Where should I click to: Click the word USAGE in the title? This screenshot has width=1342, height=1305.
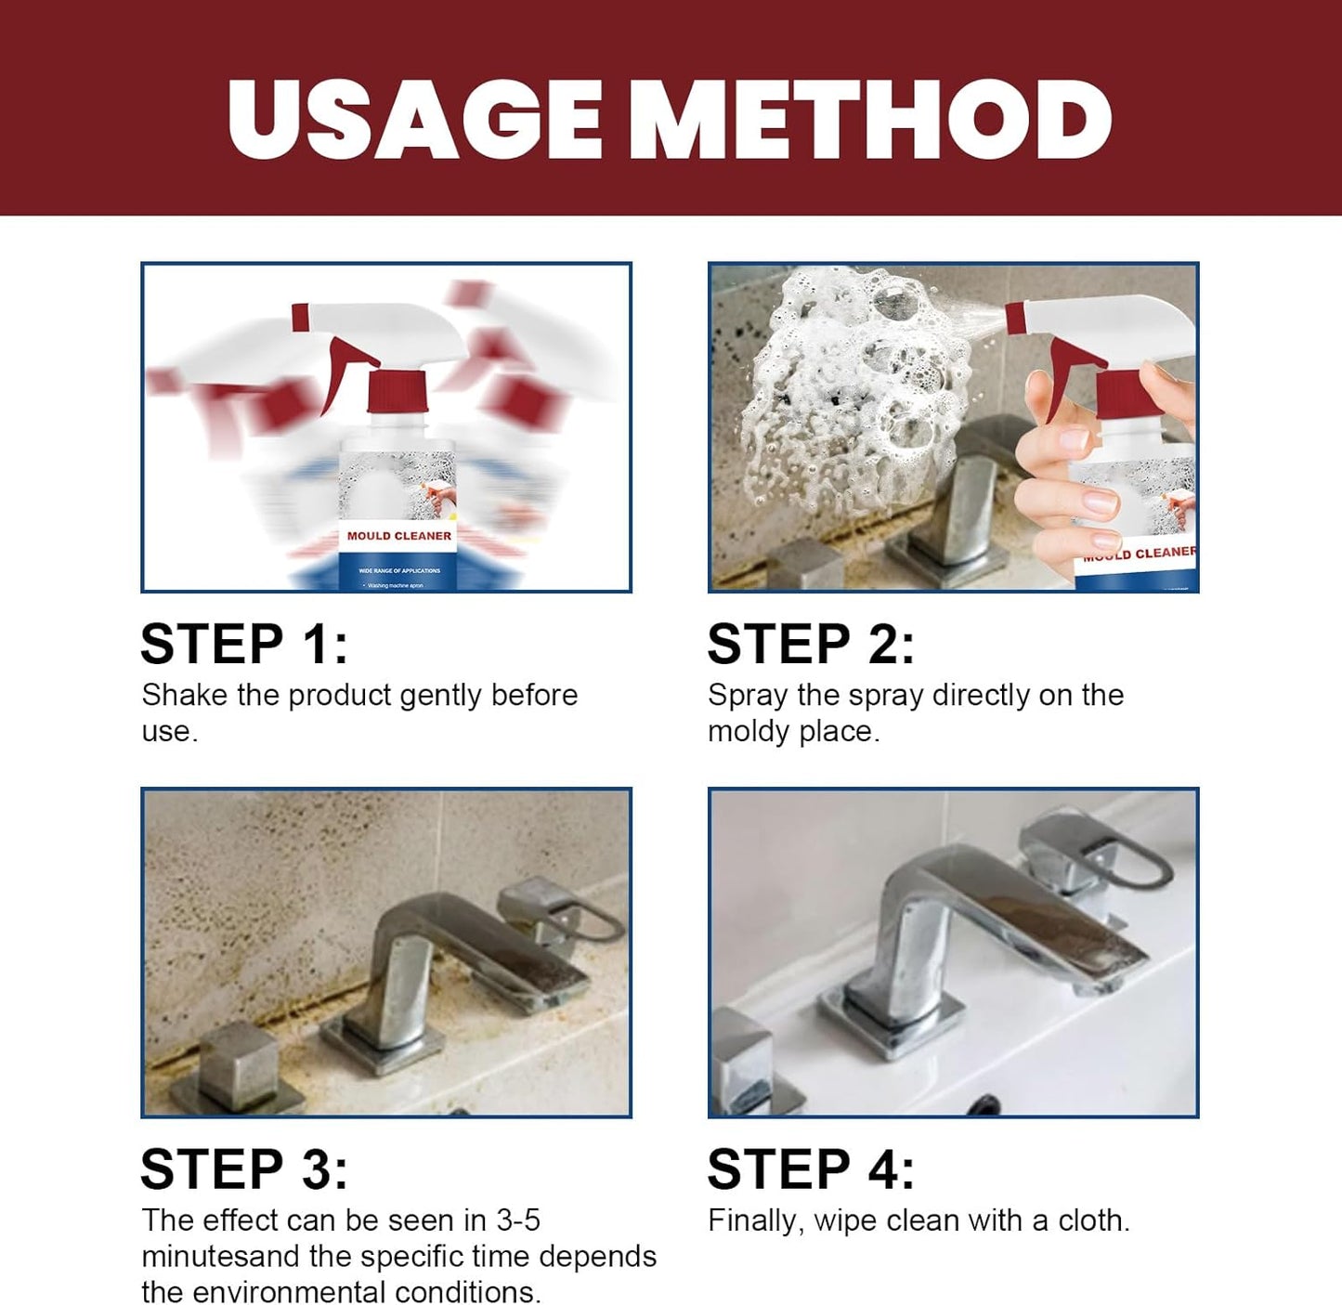pos(414,120)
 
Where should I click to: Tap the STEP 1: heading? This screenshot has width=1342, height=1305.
pos(244,644)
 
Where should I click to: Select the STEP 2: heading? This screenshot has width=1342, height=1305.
pos(811,644)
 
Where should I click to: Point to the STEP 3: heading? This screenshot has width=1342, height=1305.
pos(244,1168)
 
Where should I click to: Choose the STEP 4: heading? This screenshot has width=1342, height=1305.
pos(811,1168)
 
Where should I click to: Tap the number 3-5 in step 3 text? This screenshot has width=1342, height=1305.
pos(518,1220)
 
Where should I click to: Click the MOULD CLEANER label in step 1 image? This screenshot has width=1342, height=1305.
pos(398,536)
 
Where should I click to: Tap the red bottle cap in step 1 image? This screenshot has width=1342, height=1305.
pos(397,391)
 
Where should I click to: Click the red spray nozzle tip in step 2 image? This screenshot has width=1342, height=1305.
pos(1015,318)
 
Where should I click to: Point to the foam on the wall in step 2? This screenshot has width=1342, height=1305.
pos(854,390)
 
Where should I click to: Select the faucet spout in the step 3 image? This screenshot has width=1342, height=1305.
pos(483,938)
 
